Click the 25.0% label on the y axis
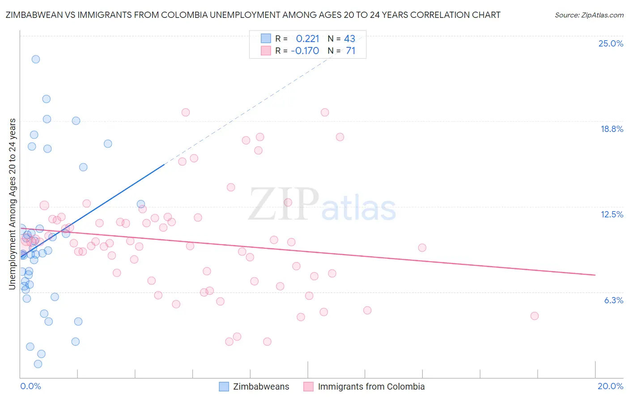pyautogui.click(x=611, y=43)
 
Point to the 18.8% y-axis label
pyautogui.click(x=612, y=129)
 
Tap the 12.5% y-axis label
pyautogui.click(x=612, y=214)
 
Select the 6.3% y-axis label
pyautogui.click(x=613, y=300)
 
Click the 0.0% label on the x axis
pyautogui.click(x=30, y=386)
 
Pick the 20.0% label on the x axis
pyautogui.click(x=610, y=386)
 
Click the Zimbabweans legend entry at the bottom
pyautogui.click(x=261, y=386)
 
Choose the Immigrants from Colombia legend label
pyautogui.click(x=371, y=386)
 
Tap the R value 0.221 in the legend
pyautogui.click(x=307, y=39)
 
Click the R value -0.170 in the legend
pyautogui.click(x=305, y=51)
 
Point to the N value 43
pyautogui.click(x=349, y=39)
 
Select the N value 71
pyautogui.click(x=350, y=51)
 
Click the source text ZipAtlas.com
pyautogui.click(x=589, y=15)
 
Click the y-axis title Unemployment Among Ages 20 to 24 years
pyautogui.click(x=13, y=204)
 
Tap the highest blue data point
pyautogui.click(x=36, y=59)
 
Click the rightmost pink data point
pyautogui.click(x=534, y=316)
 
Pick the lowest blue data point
pyautogui.click(x=38, y=364)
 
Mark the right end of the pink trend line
pyautogui.click(x=595, y=275)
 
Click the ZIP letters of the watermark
pyautogui.click(x=284, y=204)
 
